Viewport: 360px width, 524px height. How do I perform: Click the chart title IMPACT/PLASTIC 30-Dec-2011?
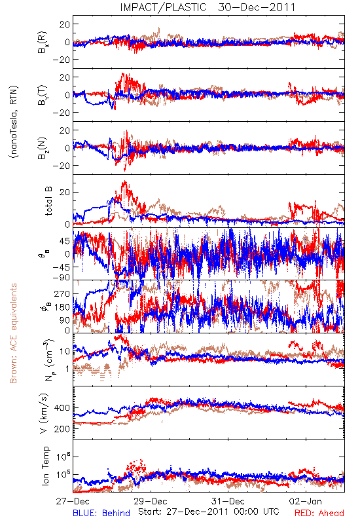[x=207, y=7]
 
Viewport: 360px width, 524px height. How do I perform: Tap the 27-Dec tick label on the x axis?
[x=73, y=501]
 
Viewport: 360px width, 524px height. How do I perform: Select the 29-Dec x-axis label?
[x=151, y=501]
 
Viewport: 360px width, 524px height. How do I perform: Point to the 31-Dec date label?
[x=228, y=501]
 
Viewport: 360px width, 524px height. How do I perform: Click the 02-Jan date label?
[x=305, y=501]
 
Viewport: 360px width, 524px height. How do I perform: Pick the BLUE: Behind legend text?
[x=101, y=514]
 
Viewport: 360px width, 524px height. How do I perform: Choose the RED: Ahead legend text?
[x=319, y=514]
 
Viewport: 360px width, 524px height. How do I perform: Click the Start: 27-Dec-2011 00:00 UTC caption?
[x=209, y=512]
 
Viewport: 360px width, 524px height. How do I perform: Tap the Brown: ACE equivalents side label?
[x=13, y=333]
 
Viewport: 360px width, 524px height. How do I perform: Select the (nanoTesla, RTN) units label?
[x=14, y=122]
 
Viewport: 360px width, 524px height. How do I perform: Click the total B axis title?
[x=48, y=201]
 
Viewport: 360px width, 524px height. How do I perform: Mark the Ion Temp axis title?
[x=45, y=466]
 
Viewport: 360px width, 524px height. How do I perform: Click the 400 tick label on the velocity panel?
[x=62, y=408]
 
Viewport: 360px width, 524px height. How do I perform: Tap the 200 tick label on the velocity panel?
[x=62, y=429]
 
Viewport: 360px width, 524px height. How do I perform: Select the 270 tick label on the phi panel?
[x=62, y=293]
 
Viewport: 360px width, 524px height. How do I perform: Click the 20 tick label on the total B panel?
[x=64, y=193]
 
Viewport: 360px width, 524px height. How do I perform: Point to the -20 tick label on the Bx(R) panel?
[x=61, y=60]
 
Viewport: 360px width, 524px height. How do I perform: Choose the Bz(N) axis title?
[x=43, y=149]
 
